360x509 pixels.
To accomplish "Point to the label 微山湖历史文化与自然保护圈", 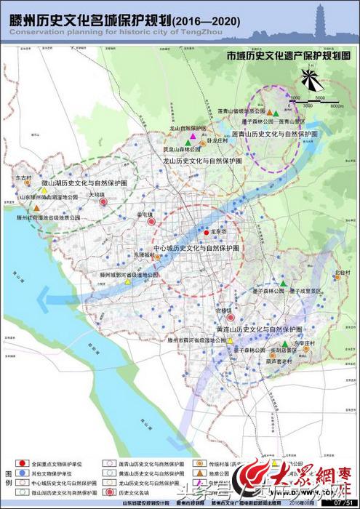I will pos(79,186).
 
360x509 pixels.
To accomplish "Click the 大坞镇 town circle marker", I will pos(103,204).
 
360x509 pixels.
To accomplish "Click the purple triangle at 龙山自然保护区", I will pos(192,135).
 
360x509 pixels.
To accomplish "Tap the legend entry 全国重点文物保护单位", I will pos(59,462).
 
